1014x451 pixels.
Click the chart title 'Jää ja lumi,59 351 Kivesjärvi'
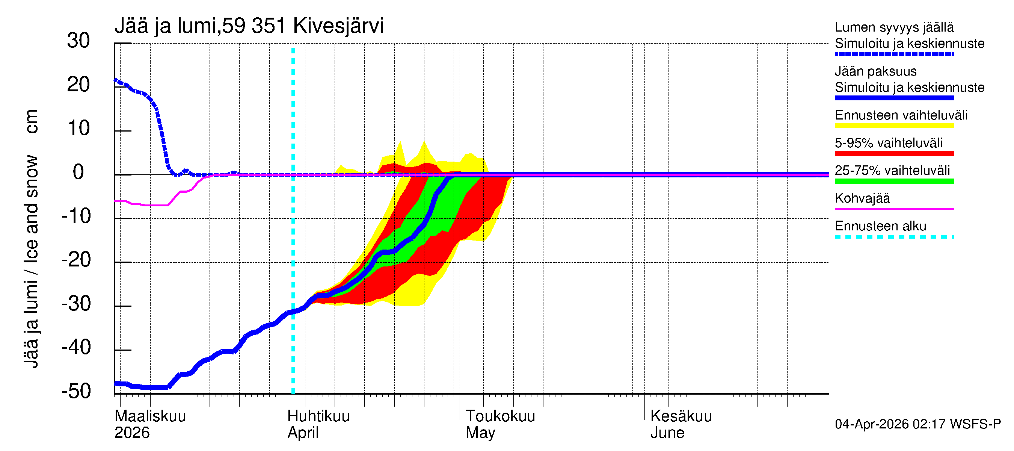(x=249, y=26)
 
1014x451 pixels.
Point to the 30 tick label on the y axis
(x=78, y=41)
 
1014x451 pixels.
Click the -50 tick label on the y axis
(x=76, y=391)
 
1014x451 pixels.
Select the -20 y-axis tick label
(x=76, y=260)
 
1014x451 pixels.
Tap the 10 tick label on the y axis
(x=79, y=129)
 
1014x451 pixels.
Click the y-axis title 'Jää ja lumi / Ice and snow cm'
(x=31, y=239)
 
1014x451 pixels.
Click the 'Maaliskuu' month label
(x=150, y=416)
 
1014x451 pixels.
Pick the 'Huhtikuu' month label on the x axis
(x=318, y=416)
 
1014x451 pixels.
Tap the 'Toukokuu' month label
(x=500, y=416)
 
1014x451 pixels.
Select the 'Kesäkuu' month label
(x=681, y=416)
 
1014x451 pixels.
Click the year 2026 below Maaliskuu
(x=132, y=433)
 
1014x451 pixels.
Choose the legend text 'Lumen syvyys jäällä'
(x=894, y=27)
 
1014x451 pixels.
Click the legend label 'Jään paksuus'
(x=876, y=71)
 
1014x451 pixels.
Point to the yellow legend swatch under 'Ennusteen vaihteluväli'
(x=894, y=126)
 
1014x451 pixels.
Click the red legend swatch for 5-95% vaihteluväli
(x=894, y=154)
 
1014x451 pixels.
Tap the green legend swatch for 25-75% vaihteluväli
(x=894, y=181)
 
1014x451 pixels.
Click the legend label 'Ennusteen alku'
(x=881, y=226)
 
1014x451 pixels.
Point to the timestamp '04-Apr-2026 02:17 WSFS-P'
(x=917, y=424)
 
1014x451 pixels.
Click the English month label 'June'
(x=667, y=433)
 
